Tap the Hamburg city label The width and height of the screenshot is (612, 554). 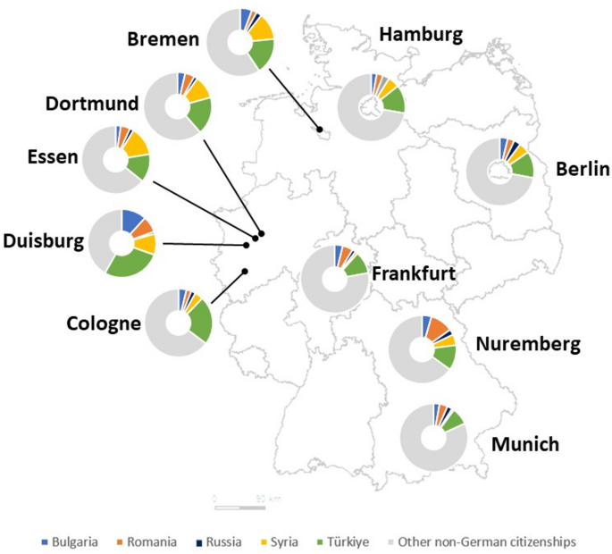point(421,35)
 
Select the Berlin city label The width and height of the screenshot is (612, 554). point(582,169)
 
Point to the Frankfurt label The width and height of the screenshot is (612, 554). point(414,272)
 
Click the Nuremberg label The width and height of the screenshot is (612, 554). point(528,343)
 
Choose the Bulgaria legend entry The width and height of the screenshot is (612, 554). point(75,541)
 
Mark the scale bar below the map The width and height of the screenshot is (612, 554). point(239,507)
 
